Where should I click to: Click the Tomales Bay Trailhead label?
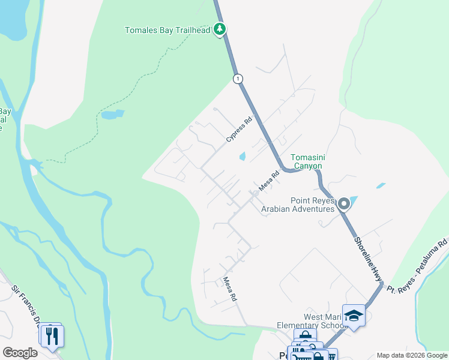pos(169,30)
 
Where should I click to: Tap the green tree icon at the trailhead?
pos(220,29)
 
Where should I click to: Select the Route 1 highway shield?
pos(238,79)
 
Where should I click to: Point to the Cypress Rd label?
pos(238,129)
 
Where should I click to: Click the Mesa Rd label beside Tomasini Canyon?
pos(270,182)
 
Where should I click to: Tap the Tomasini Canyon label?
pos(307,161)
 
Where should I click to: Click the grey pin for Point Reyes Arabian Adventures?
pos(344,205)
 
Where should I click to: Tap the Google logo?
pos(20,353)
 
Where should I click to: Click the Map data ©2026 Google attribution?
pos(412,355)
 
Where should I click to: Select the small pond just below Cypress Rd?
pos(243,157)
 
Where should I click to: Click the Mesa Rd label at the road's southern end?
pos(231,289)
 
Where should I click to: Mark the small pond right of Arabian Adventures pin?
pos(381,186)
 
